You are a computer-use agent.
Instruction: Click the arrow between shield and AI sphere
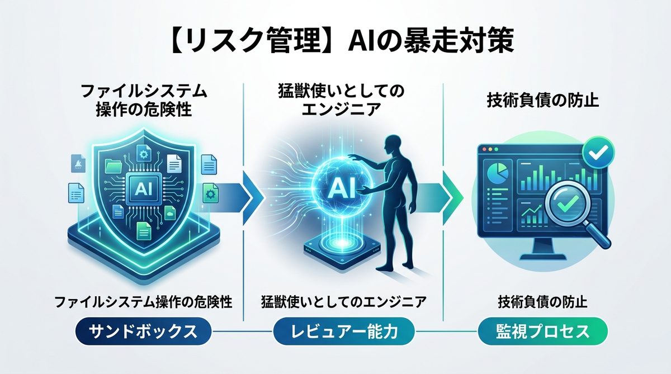click(246, 193)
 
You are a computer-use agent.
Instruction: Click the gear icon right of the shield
click(211, 193)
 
